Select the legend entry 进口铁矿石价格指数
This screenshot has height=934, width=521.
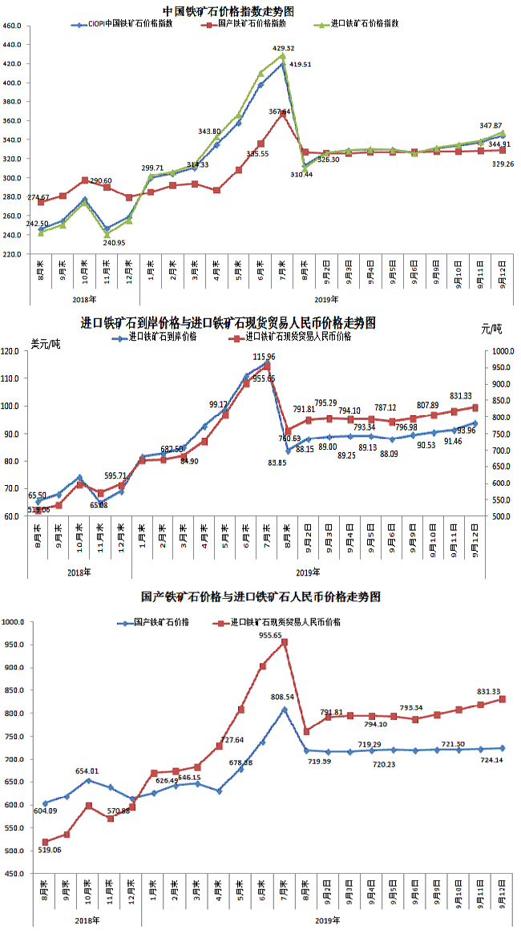[x=366, y=25]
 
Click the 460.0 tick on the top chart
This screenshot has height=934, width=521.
[x=13, y=26]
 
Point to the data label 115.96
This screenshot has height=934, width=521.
[x=265, y=356]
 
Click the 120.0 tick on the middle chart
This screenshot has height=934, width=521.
[x=11, y=351]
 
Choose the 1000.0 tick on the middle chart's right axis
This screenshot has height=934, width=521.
[x=504, y=351]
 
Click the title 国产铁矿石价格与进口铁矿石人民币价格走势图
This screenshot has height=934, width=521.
[x=260, y=597]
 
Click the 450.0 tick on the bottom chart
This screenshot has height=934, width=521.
[x=13, y=873]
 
